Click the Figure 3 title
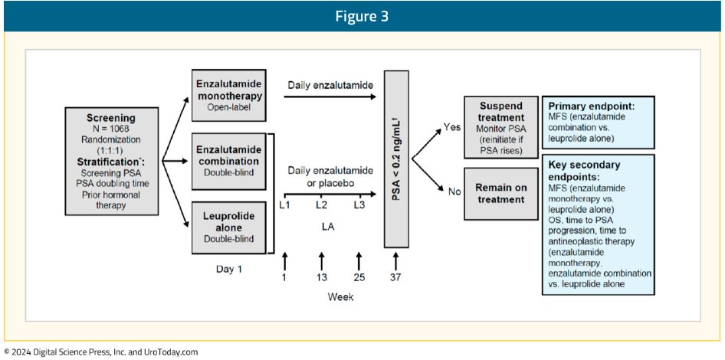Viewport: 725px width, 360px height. (362, 17)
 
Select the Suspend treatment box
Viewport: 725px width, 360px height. (500, 126)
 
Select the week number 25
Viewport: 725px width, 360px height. (358, 277)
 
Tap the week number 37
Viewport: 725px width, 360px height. (395, 277)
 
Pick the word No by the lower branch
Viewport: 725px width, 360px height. (454, 192)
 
